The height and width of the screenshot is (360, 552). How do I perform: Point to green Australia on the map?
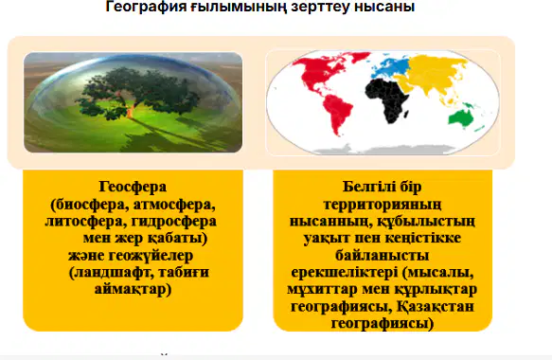click(460, 117)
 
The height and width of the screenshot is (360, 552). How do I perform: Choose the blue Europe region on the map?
click(391, 68)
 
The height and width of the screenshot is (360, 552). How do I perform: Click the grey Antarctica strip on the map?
click(381, 149)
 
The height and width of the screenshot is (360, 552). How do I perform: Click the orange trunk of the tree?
click(130, 112)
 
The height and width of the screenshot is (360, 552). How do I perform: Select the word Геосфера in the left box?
click(133, 187)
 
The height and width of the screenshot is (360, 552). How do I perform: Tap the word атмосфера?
click(174, 205)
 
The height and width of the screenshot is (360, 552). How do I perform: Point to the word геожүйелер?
click(151, 256)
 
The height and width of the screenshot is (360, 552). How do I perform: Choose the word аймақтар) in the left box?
click(134, 290)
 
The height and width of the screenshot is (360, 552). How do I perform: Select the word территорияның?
click(383, 205)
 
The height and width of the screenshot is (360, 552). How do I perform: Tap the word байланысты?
click(382, 255)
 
